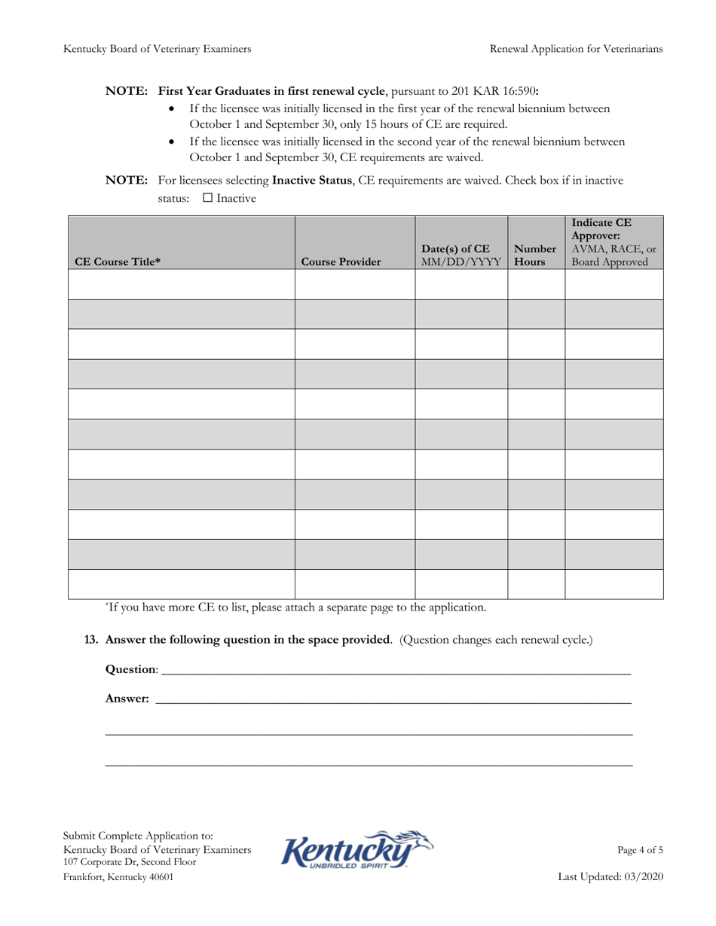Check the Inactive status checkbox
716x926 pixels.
click(x=208, y=199)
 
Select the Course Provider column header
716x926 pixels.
click(x=341, y=262)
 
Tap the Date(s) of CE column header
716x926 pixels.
click(x=461, y=256)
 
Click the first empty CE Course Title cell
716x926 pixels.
click(x=181, y=285)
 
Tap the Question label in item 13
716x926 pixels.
click(x=132, y=669)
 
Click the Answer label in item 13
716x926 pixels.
click(x=127, y=699)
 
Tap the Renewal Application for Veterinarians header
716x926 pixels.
click(x=576, y=49)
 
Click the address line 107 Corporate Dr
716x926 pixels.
click(x=130, y=862)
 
